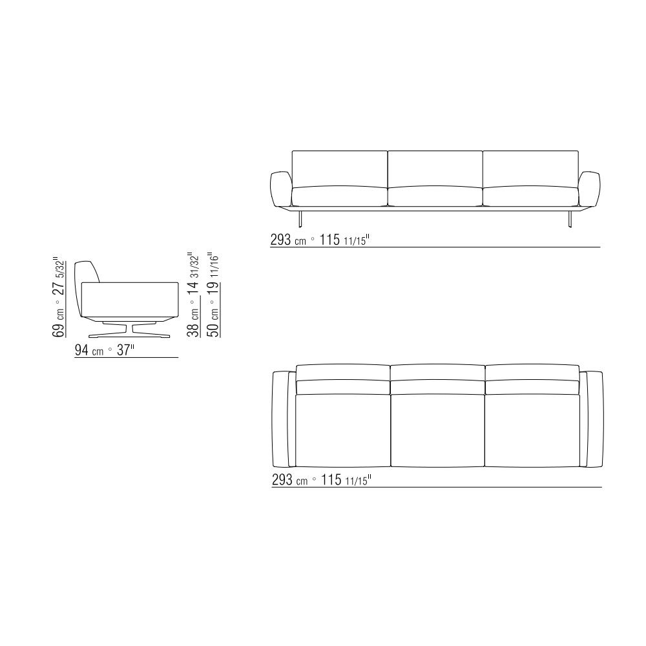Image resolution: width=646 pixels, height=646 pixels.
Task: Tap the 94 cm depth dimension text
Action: coord(89,351)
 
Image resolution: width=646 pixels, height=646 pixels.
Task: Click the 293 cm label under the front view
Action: coord(288,240)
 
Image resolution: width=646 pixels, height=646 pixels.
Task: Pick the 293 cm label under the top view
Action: coord(289,480)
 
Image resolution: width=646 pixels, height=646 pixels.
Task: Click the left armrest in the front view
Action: coord(281,189)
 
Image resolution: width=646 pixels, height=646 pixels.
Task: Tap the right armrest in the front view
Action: coord(589,189)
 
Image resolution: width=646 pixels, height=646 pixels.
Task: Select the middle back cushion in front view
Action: coord(435,169)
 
